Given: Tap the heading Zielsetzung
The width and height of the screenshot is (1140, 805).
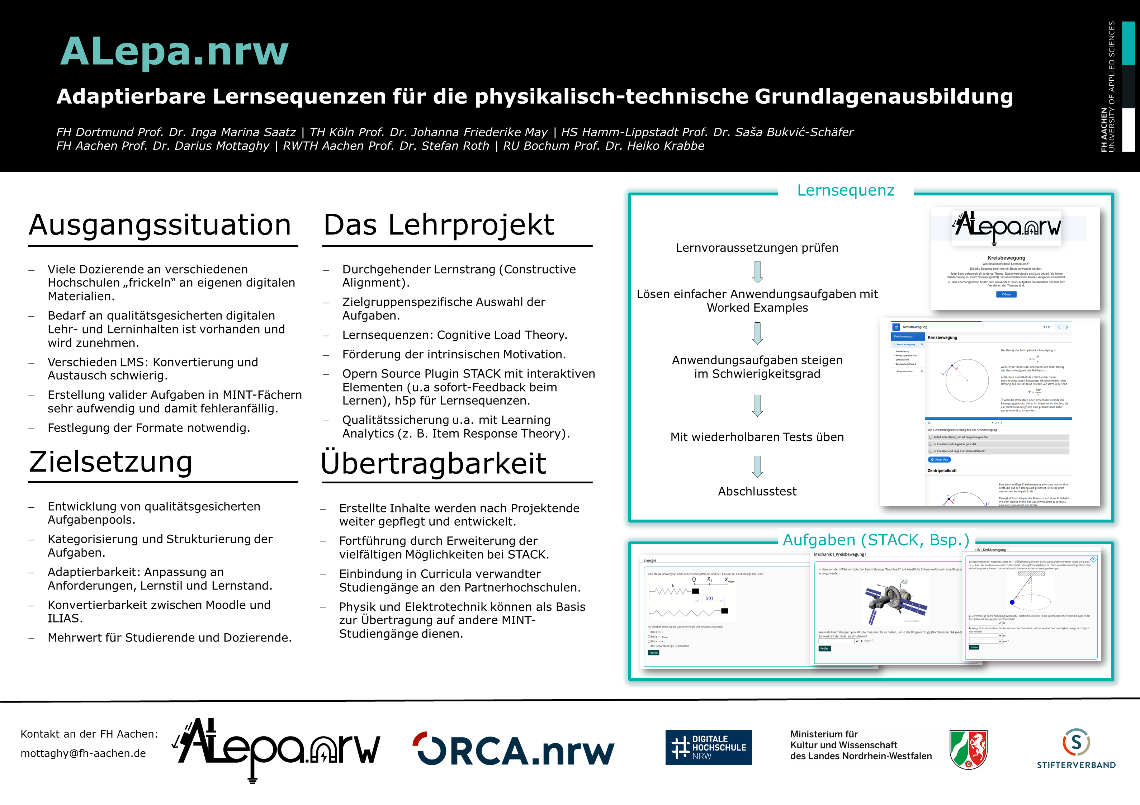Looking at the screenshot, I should coord(111,462).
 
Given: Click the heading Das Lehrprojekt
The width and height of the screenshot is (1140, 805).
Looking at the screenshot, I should coord(439,225).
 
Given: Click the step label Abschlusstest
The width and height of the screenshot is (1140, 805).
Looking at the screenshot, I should coord(757,491).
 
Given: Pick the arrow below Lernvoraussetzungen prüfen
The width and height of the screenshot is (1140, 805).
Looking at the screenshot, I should coord(757,272).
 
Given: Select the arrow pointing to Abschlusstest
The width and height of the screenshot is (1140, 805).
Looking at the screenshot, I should coord(757,466).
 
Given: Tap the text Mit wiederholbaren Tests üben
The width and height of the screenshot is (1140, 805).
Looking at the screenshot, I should coord(757,437).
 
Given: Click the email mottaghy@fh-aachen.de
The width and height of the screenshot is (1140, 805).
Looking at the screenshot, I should coord(84,753).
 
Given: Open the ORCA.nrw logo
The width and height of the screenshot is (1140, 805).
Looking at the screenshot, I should coord(514,750).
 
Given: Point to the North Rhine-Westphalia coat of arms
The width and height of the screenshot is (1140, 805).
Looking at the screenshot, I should coord(968,749).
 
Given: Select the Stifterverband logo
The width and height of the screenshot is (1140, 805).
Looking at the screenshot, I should coord(1076,749).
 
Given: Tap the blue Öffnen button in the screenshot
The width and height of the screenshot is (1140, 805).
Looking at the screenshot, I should coord(1006,294).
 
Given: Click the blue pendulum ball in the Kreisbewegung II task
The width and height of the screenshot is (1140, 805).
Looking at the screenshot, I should coord(1012,602).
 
